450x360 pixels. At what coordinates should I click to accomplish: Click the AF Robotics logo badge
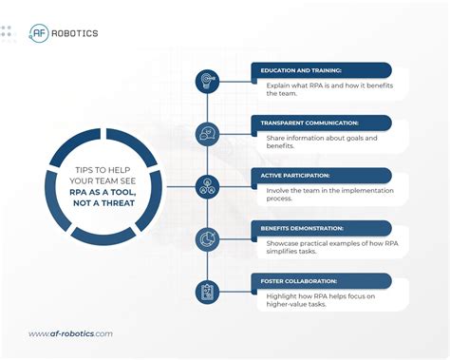(41, 32)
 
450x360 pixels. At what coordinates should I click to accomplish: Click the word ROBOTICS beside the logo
(77, 33)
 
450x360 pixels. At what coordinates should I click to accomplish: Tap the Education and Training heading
(301, 70)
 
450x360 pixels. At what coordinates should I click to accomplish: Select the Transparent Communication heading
(309, 123)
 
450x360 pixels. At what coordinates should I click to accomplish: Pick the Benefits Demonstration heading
(307, 228)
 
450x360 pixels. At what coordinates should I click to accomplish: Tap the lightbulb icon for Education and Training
(208, 82)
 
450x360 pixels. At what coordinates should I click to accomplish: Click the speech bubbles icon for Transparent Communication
(208, 134)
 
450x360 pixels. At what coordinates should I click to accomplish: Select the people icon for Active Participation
(208, 186)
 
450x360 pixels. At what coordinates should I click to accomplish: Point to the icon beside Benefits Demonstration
(208, 239)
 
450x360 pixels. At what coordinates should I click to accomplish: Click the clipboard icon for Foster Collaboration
(208, 292)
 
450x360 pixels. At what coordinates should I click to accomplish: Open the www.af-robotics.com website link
(70, 333)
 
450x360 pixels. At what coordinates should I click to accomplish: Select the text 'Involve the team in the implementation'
(328, 190)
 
